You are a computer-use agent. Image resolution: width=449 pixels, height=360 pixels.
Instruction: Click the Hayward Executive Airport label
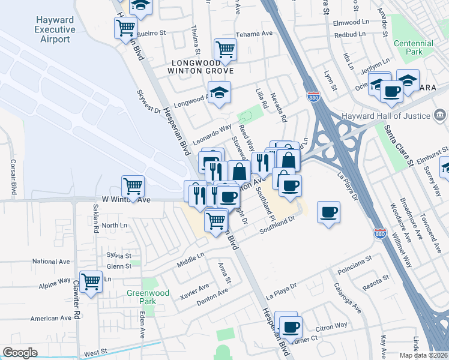(x=55, y=30)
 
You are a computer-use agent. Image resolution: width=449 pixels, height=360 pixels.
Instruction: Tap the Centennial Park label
(x=413, y=47)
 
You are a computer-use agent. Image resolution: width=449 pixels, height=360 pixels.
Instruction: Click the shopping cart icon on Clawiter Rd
(x=91, y=281)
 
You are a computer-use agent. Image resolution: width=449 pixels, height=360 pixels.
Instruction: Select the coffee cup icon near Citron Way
(x=291, y=327)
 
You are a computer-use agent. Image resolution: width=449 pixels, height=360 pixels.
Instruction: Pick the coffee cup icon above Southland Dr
(x=329, y=212)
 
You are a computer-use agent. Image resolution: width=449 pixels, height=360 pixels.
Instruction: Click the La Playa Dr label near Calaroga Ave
(x=281, y=292)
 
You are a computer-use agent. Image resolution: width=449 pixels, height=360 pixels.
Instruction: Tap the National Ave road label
(x=52, y=262)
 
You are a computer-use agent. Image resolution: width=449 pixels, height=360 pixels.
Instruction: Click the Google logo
(x=20, y=353)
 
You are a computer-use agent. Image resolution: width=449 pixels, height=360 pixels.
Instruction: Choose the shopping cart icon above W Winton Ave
(x=133, y=185)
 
